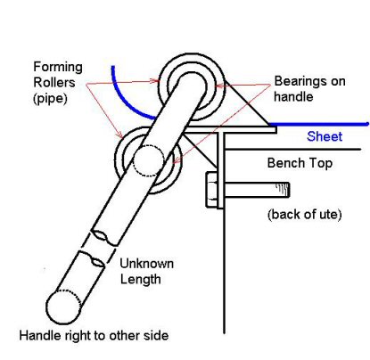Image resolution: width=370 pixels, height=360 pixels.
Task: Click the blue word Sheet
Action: pyautogui.click(x=324, y=137)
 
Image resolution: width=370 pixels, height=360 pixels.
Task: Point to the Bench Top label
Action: pyautogui.click(x=300, y=163)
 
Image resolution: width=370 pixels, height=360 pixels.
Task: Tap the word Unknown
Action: pyautogui.click(x=149, y=264)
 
